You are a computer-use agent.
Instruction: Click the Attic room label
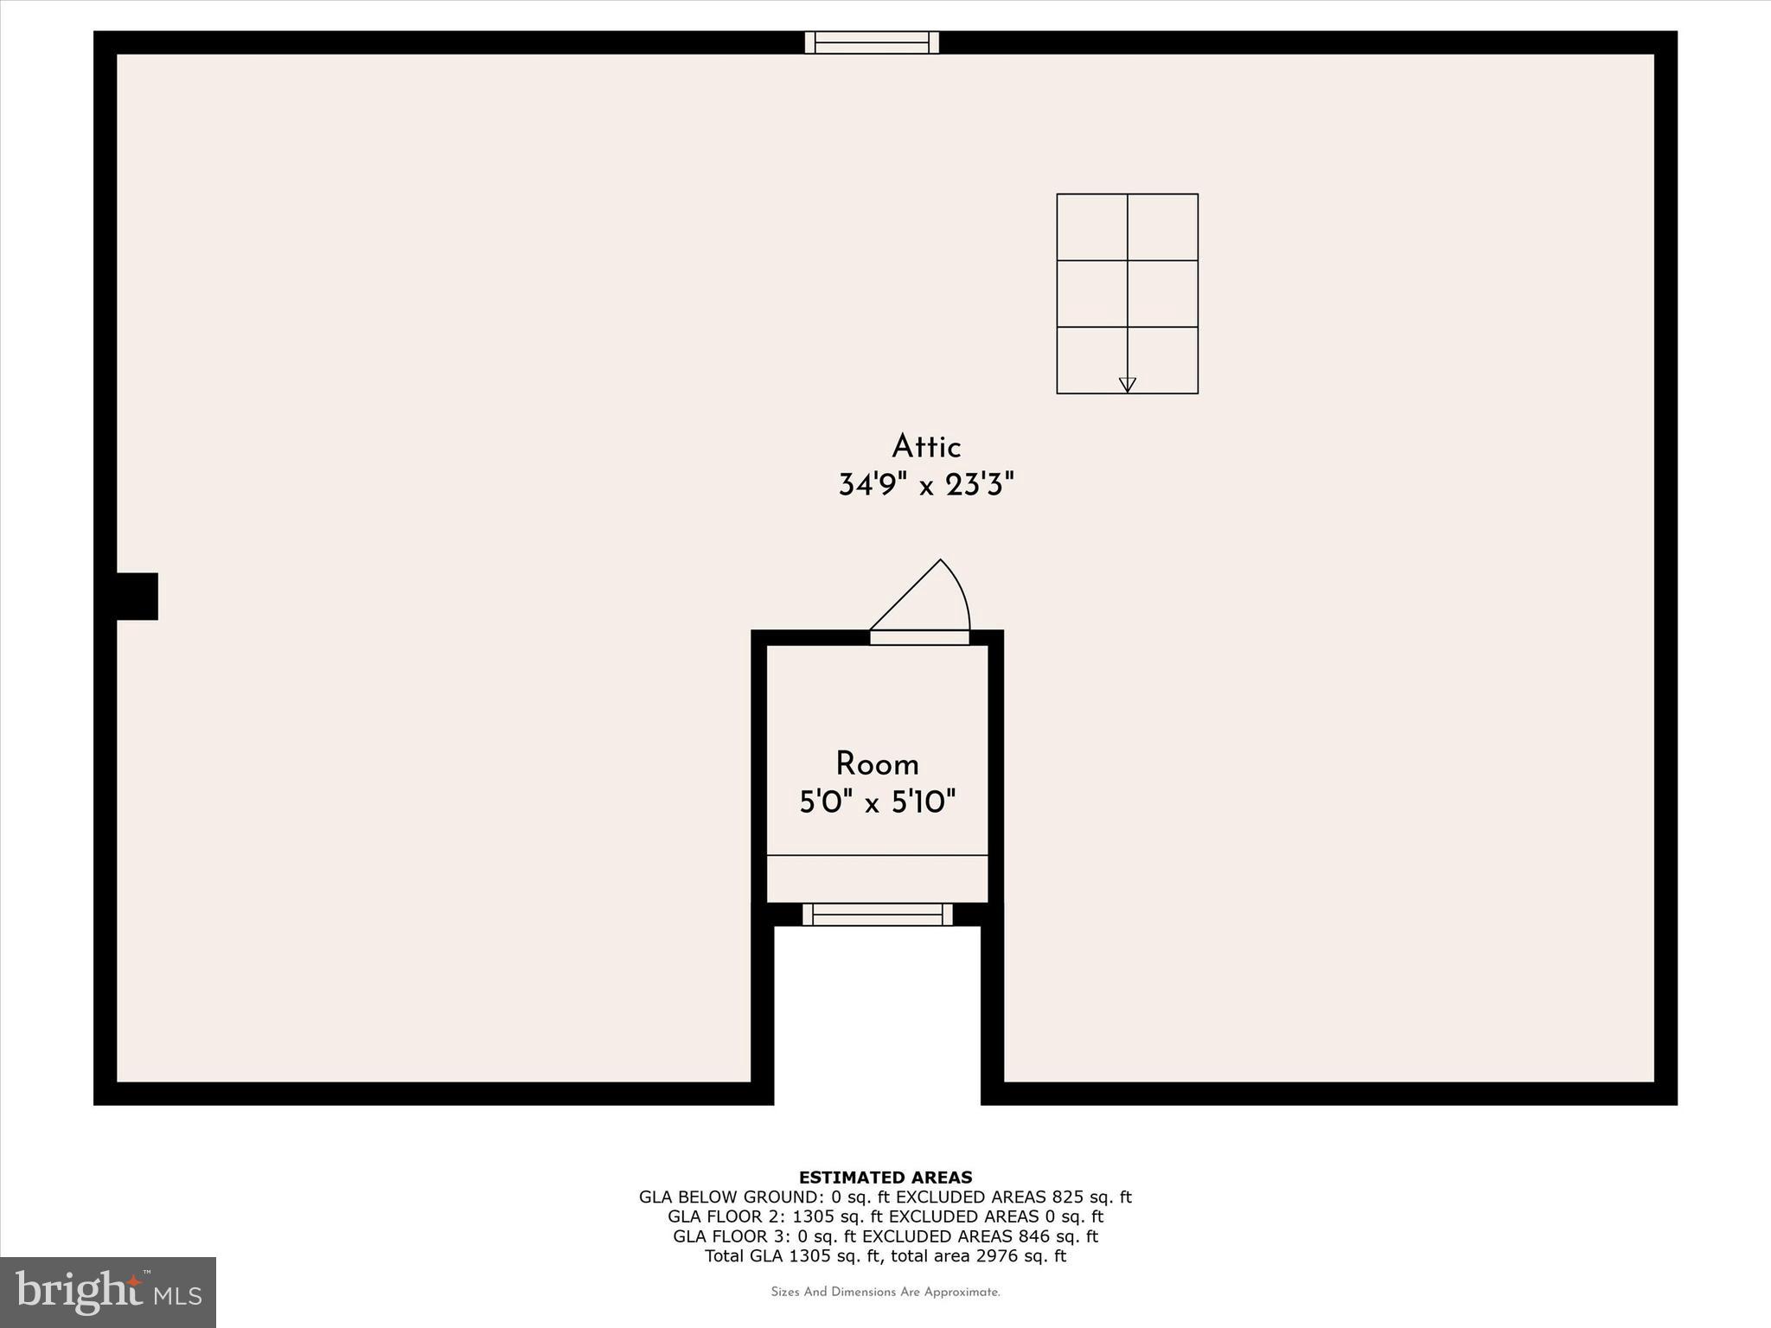click(926, 447)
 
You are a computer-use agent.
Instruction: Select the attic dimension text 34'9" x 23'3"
click(925, 485)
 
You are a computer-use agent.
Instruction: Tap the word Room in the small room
click(877, 764)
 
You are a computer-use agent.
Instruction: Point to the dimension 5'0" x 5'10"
click(877, 803)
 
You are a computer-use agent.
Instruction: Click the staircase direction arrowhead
click(1127, 385)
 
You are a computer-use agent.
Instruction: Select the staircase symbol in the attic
click(1127, 293)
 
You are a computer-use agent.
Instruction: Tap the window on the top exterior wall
click(872, 42)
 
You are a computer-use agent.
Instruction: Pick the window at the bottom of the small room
click(877, 914)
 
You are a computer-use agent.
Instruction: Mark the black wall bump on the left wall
click(137, 596)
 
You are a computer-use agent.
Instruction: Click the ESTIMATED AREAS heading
click(885, 1177)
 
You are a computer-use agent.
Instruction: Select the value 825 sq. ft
click(1091, 1197)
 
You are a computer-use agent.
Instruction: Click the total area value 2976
click(994, 1256)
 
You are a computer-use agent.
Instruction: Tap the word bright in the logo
click(79, 1291)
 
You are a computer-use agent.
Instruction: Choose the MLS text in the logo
click(178, 1295)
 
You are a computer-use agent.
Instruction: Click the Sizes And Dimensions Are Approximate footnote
click(885, 1292)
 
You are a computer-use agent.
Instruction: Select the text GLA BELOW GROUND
click(730, 1197)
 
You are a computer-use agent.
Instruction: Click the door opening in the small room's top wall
click(919, 637)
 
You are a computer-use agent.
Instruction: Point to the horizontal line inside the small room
click(877, 855)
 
